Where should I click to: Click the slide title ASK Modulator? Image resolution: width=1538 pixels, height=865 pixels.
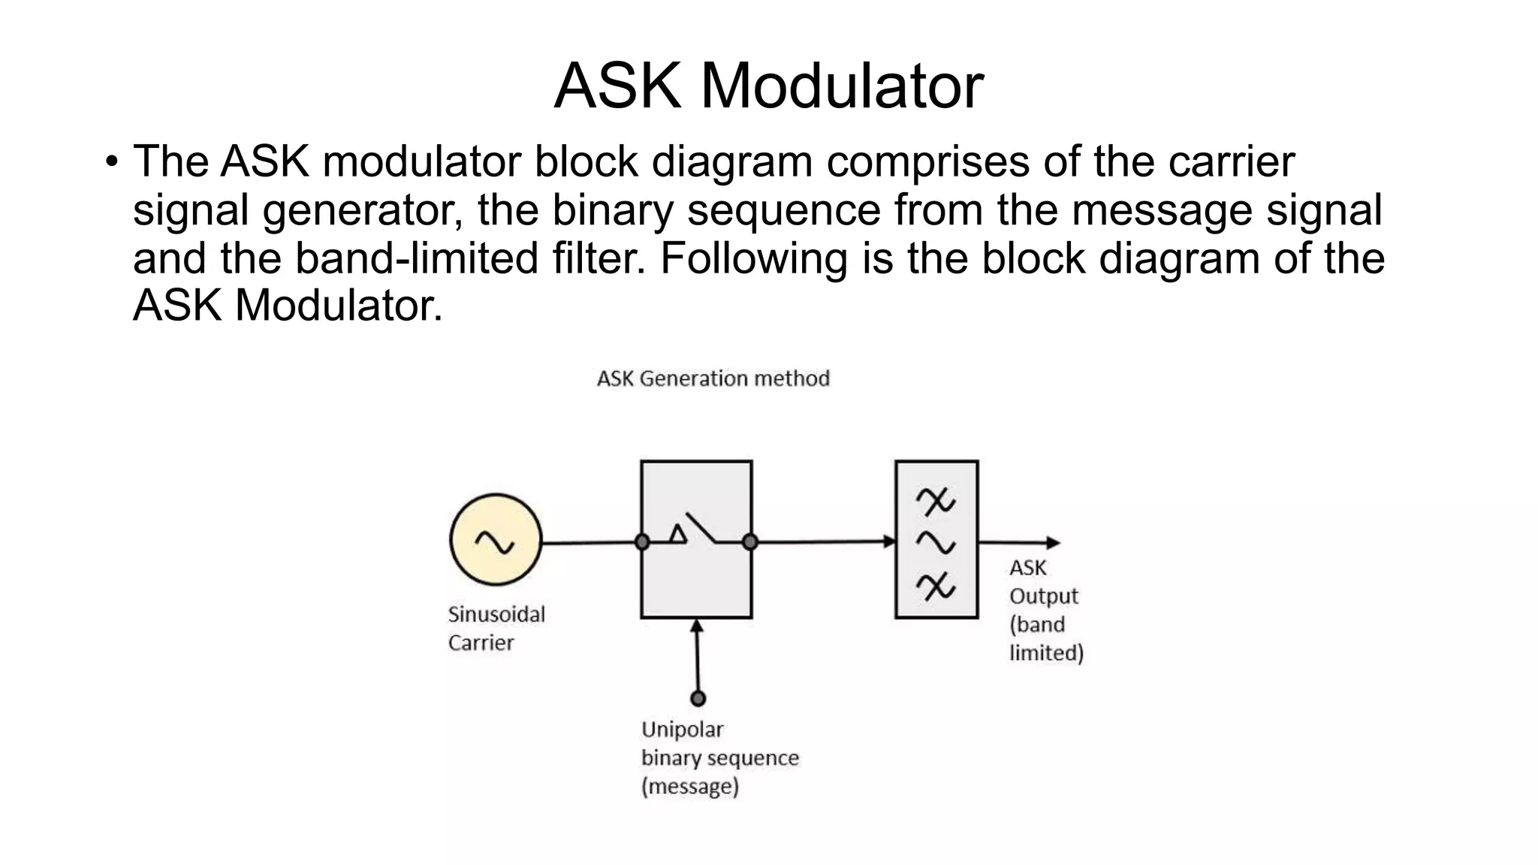(x=768, y=86)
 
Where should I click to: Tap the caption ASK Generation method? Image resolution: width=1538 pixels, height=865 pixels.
(x=713, y=378)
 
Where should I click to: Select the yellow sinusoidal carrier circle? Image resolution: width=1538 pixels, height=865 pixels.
(x=496, y=540)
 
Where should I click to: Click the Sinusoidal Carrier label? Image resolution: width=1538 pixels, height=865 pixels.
(x=496, y=628)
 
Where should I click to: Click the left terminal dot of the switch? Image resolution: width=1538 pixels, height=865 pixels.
(x=642, y=541)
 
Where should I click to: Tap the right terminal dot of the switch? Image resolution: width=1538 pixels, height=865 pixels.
(x=749, y=541)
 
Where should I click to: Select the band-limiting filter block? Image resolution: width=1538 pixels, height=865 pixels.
(x=936, y=540)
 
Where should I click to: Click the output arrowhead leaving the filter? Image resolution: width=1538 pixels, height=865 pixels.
(x=1054, y=542)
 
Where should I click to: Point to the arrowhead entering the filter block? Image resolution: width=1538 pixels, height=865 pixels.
(x=890, y=541)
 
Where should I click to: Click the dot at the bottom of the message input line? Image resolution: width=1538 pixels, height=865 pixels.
(x=698, y=698)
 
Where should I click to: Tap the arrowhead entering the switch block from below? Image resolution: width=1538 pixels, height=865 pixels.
(x=697, y=625)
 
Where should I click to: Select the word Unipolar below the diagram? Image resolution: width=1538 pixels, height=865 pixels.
(x=682, y=730)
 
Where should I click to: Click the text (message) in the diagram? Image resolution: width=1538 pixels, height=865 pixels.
(x=690, y=787)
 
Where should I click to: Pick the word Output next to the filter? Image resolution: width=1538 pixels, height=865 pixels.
(x=1043, y=596)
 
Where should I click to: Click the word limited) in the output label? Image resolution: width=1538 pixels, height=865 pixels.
(x=1046, y=653)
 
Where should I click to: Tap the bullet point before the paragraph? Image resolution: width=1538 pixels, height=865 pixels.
(x=112, y=161)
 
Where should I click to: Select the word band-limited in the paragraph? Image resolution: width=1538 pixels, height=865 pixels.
(x=416, y=258)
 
